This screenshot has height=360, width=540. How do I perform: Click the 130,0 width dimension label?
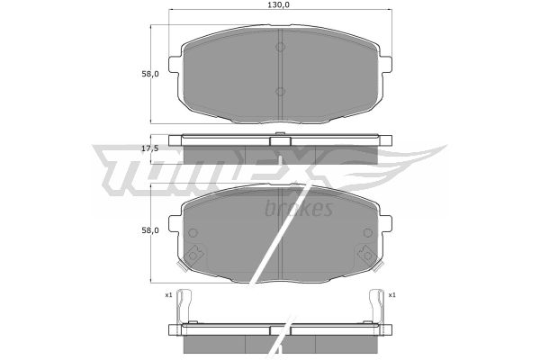click(x=280, y=4)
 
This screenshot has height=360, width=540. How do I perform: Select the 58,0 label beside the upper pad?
click(x=150, y=74)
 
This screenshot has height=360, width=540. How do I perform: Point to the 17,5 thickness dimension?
click(x=150, y=148)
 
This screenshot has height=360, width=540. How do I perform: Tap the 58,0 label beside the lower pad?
click(x=150, y=230)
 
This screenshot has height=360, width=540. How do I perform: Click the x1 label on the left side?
click(x=168, y=295)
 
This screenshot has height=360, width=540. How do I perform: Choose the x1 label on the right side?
click(x=391, y=295)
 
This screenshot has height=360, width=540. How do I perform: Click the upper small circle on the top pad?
click(x=280, y=47)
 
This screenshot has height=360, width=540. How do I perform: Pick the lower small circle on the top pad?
click(x=280, y=92)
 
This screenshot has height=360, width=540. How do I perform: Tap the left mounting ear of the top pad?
click(x=175, y=65)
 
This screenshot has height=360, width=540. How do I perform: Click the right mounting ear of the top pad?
click(x=386, y=65)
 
